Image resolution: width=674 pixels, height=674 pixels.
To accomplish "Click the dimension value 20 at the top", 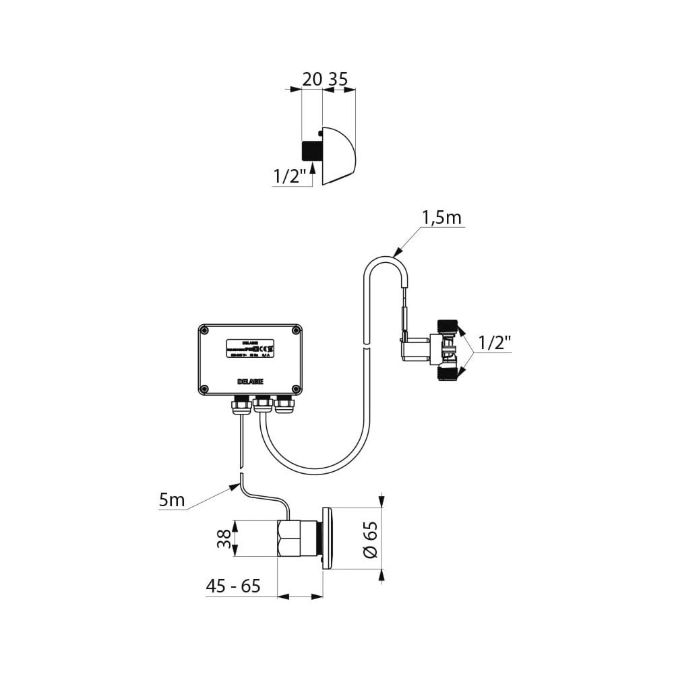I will (x=311, y=79).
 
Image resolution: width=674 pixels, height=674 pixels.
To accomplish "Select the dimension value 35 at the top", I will (x=338, y=79).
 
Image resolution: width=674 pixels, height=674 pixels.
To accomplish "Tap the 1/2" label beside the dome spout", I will (x=290, y=177).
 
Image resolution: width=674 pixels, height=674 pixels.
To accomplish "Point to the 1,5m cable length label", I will (x=441, y=218).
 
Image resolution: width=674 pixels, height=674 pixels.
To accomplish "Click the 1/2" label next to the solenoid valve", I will (x=493, y=343).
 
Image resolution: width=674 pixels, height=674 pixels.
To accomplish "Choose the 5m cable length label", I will (x=172, y=501).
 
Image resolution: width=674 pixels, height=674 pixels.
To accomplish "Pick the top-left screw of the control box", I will (x=205, y=330).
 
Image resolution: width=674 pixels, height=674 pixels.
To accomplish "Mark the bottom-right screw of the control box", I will (x=295, y=388).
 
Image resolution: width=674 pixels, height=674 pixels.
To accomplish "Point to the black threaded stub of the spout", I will (x=311, y=151).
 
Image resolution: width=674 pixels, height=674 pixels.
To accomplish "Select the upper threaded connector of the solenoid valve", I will (x=448, y=329).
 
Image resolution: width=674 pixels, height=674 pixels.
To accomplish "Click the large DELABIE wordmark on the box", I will (x=250, y=381).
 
